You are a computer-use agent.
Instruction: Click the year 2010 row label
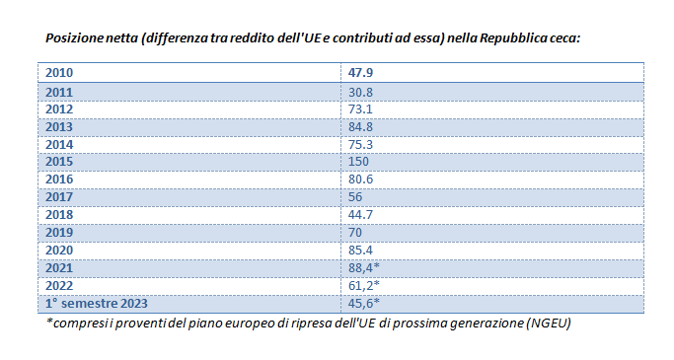[x=59, y=73]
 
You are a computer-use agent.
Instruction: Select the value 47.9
[x=360, y=73]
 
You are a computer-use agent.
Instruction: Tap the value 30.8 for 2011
[x=360, y=93]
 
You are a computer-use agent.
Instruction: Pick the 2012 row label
[x=59, y=109]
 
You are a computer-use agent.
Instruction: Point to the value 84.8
[x=360, y=127]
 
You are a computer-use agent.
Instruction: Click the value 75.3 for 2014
[x=360, y=145]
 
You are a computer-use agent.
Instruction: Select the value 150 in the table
[x=358, y=162]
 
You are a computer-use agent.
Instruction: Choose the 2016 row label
[x=59, y=180]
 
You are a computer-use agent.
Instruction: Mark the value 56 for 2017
[x=355, y=197]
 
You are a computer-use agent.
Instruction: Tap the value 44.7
[x=360, y=215]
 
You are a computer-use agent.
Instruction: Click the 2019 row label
[x=59, y=233]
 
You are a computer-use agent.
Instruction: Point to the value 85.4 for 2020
[x=360, y=250]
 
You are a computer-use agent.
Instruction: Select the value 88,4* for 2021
[x=364, y=268]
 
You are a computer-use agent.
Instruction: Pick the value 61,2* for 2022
[x=364, y=286]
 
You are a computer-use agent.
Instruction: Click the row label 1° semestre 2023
[x=97, y=304]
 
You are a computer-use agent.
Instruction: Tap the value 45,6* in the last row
[x=364, y=304]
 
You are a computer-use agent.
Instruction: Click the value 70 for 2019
[x=355, y=233]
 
